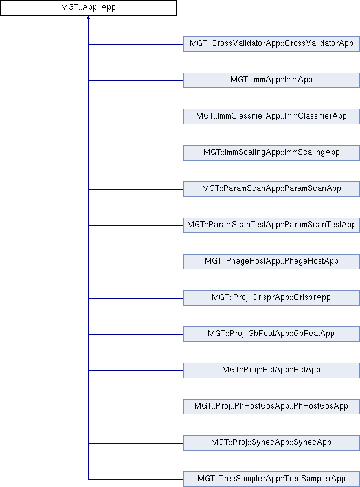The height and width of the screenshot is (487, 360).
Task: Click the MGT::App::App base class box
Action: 88,8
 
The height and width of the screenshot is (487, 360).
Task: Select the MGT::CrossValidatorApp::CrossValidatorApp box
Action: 271,44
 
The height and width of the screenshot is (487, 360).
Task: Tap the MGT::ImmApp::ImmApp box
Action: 271,80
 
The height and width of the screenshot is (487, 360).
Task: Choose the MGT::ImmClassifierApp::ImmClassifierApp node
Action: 271,117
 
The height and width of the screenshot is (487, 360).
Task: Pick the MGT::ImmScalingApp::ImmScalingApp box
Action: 271,152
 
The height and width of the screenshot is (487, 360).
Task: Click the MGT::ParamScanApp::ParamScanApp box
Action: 271,189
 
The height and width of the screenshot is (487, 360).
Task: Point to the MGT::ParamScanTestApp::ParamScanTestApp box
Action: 271,225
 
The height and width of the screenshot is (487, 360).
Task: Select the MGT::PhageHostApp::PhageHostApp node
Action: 271,262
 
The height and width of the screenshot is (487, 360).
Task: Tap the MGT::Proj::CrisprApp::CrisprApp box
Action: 271,298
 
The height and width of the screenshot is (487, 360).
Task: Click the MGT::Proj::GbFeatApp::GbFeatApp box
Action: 271,334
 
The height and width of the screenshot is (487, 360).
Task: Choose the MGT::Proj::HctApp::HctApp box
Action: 271,370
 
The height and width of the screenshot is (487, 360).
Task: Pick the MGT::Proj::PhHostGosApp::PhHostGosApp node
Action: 271,407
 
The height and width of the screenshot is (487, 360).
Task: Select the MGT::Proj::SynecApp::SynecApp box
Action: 271,443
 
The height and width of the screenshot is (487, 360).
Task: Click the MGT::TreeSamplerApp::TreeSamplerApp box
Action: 271,479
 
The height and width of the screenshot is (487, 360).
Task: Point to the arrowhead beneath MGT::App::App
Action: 88,17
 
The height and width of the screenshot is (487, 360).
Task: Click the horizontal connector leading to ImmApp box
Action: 136,80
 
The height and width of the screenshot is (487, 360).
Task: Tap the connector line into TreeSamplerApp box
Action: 136,479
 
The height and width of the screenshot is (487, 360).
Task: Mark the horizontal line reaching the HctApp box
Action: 136,370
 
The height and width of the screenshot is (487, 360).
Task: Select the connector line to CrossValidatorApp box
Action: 136,44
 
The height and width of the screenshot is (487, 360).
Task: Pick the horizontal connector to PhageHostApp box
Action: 136,262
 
